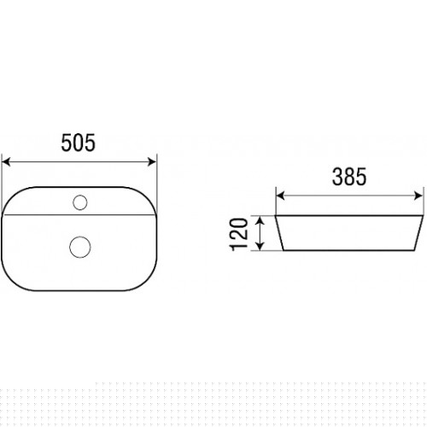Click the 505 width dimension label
point(79,143)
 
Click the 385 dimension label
point(349,177)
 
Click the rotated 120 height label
point(238,234)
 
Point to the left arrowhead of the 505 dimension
point(6,161)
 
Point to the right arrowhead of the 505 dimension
point(152,161)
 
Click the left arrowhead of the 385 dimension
point(280,196)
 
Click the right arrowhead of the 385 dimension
point(418,196)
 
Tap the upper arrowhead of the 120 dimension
point(260,220)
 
